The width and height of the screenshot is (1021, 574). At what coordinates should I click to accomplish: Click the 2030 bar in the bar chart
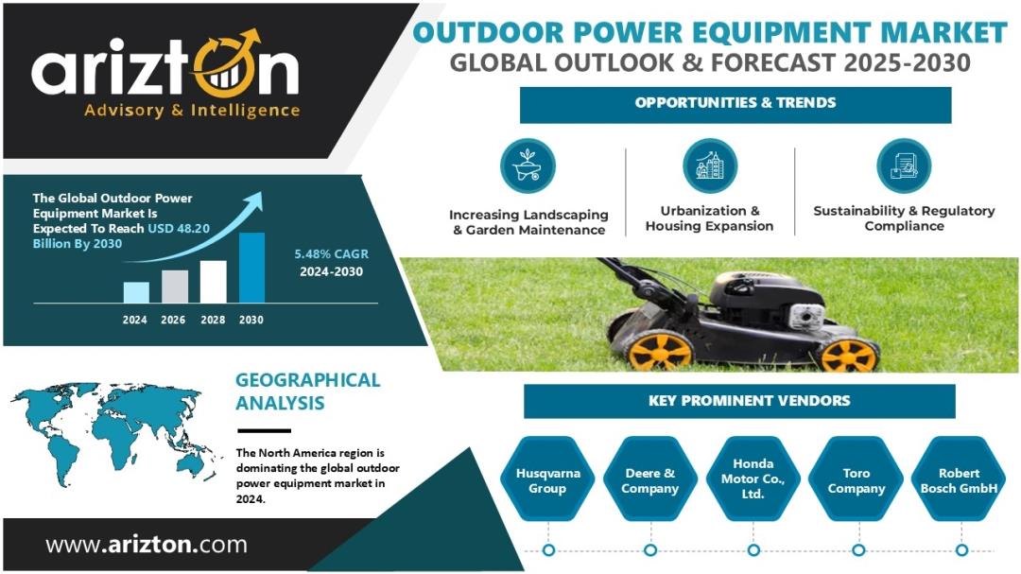coord(252,268)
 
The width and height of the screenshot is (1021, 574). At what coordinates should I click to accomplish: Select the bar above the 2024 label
coord(136,292)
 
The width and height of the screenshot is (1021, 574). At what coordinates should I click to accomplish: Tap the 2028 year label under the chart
coord(213,320)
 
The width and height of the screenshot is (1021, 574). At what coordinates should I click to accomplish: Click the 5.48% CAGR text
coord(332,254)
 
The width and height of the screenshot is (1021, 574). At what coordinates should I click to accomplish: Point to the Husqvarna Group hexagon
coord(547,478)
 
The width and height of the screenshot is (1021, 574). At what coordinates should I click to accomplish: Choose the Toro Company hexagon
coord(856,478)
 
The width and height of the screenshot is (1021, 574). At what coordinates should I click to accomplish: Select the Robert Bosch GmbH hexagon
coord(959,478)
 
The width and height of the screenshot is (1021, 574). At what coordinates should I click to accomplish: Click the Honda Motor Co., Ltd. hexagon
coord(753,478)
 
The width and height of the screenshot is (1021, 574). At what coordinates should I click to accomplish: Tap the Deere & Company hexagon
coord(649,478)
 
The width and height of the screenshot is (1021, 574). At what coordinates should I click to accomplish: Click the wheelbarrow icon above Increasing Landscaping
coord(528,165)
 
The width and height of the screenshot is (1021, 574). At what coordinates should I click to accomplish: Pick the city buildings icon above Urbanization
coord(710,165)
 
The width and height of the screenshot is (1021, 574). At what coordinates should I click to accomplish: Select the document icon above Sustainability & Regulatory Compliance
coord(904,165)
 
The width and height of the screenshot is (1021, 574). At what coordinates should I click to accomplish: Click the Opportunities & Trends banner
coord(735,104)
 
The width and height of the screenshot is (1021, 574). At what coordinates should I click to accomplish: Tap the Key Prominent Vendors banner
coord(739,401)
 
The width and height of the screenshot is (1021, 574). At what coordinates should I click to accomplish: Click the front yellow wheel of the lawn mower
coord(849,354)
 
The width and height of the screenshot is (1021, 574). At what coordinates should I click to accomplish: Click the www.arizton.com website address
coord(147,544)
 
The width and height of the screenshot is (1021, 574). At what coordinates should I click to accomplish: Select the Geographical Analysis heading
coord(307,391)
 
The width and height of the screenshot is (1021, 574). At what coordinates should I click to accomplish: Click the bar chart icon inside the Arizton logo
coord(226,78)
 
